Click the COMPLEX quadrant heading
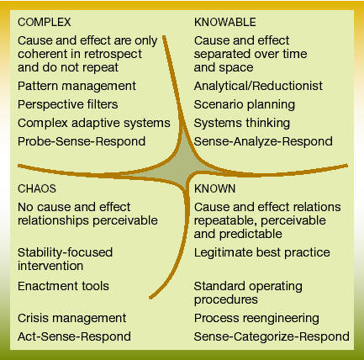[45, 23]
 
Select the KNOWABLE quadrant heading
[225, 23]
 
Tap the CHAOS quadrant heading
[37, 188]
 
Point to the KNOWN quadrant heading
[214, 188]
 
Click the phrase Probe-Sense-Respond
[82, 141]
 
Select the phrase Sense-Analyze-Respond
[263, 141]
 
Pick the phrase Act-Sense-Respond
[74, 336]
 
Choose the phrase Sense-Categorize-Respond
[272, 336]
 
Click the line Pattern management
[76, 86]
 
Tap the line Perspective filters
[68, 104]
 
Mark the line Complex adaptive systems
[94, 123]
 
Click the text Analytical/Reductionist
[258, 86]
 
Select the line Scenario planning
[245, 104]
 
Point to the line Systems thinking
[242, 123]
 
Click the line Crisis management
[72, 318]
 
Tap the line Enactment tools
[63, 286]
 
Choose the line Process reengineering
[256, 318]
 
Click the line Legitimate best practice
[262, 252]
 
